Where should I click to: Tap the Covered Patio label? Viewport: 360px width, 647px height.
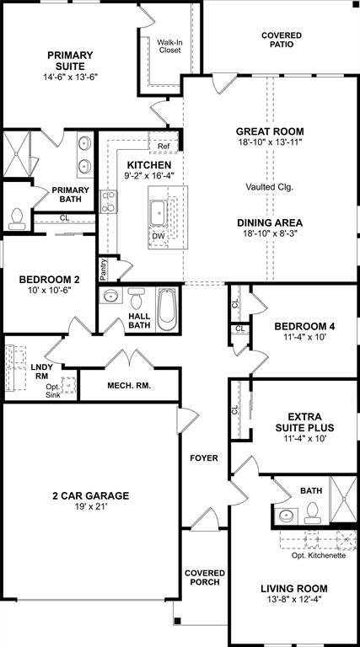click(x=281, y=40)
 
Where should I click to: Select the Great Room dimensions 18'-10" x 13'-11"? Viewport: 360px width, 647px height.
click(x=270, y=142)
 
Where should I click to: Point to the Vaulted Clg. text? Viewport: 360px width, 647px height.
click(x=270, y=186)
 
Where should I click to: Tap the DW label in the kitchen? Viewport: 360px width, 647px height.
click(x=158, y=236)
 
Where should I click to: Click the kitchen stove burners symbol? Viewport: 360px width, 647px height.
click(x=109, y=201)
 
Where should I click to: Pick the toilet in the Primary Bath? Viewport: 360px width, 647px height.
click(x=16, y=217)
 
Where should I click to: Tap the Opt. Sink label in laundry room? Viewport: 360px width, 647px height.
click(x=53, y=390)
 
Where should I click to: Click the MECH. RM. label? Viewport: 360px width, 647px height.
click(x=129, y=386)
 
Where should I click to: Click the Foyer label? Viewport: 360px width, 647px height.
click(x=204, y=458)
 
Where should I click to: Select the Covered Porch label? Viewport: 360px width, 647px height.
click(x=203, y=577)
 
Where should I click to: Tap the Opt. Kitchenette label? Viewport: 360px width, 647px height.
click(x=318, y=556)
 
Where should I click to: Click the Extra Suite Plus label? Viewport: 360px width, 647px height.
click(x=310, y=422)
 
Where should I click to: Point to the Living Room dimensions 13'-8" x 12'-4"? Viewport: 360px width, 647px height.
click(x=293, y=601)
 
